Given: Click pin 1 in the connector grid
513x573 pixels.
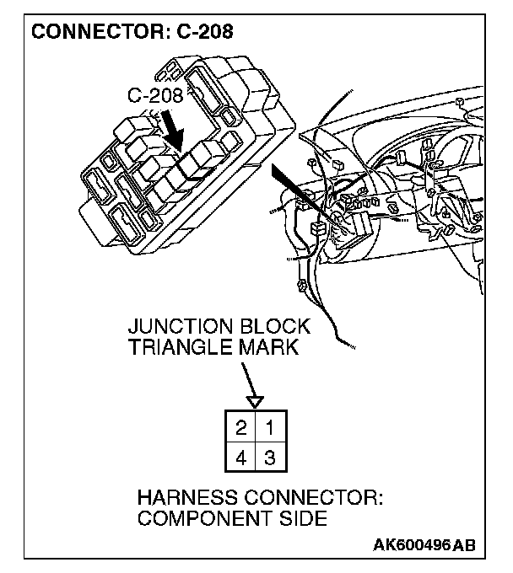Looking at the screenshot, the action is pyautogui.click(x=269, y=427).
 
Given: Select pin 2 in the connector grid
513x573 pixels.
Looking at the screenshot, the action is pyautogui.click(x=241, y=427).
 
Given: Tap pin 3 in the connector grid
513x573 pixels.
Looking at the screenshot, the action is pyautogui.click(x=269, y=458).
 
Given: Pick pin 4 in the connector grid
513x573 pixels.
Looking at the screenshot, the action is pyautogui.click(x=241, y=458).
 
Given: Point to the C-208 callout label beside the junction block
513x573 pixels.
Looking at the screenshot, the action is pyautogui.click(x=154, y=95).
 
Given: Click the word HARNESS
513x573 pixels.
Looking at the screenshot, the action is pyautogui.click(x=185, y=498).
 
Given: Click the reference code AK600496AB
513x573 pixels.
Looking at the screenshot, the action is pyautogui.click(x=424, y=545).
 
